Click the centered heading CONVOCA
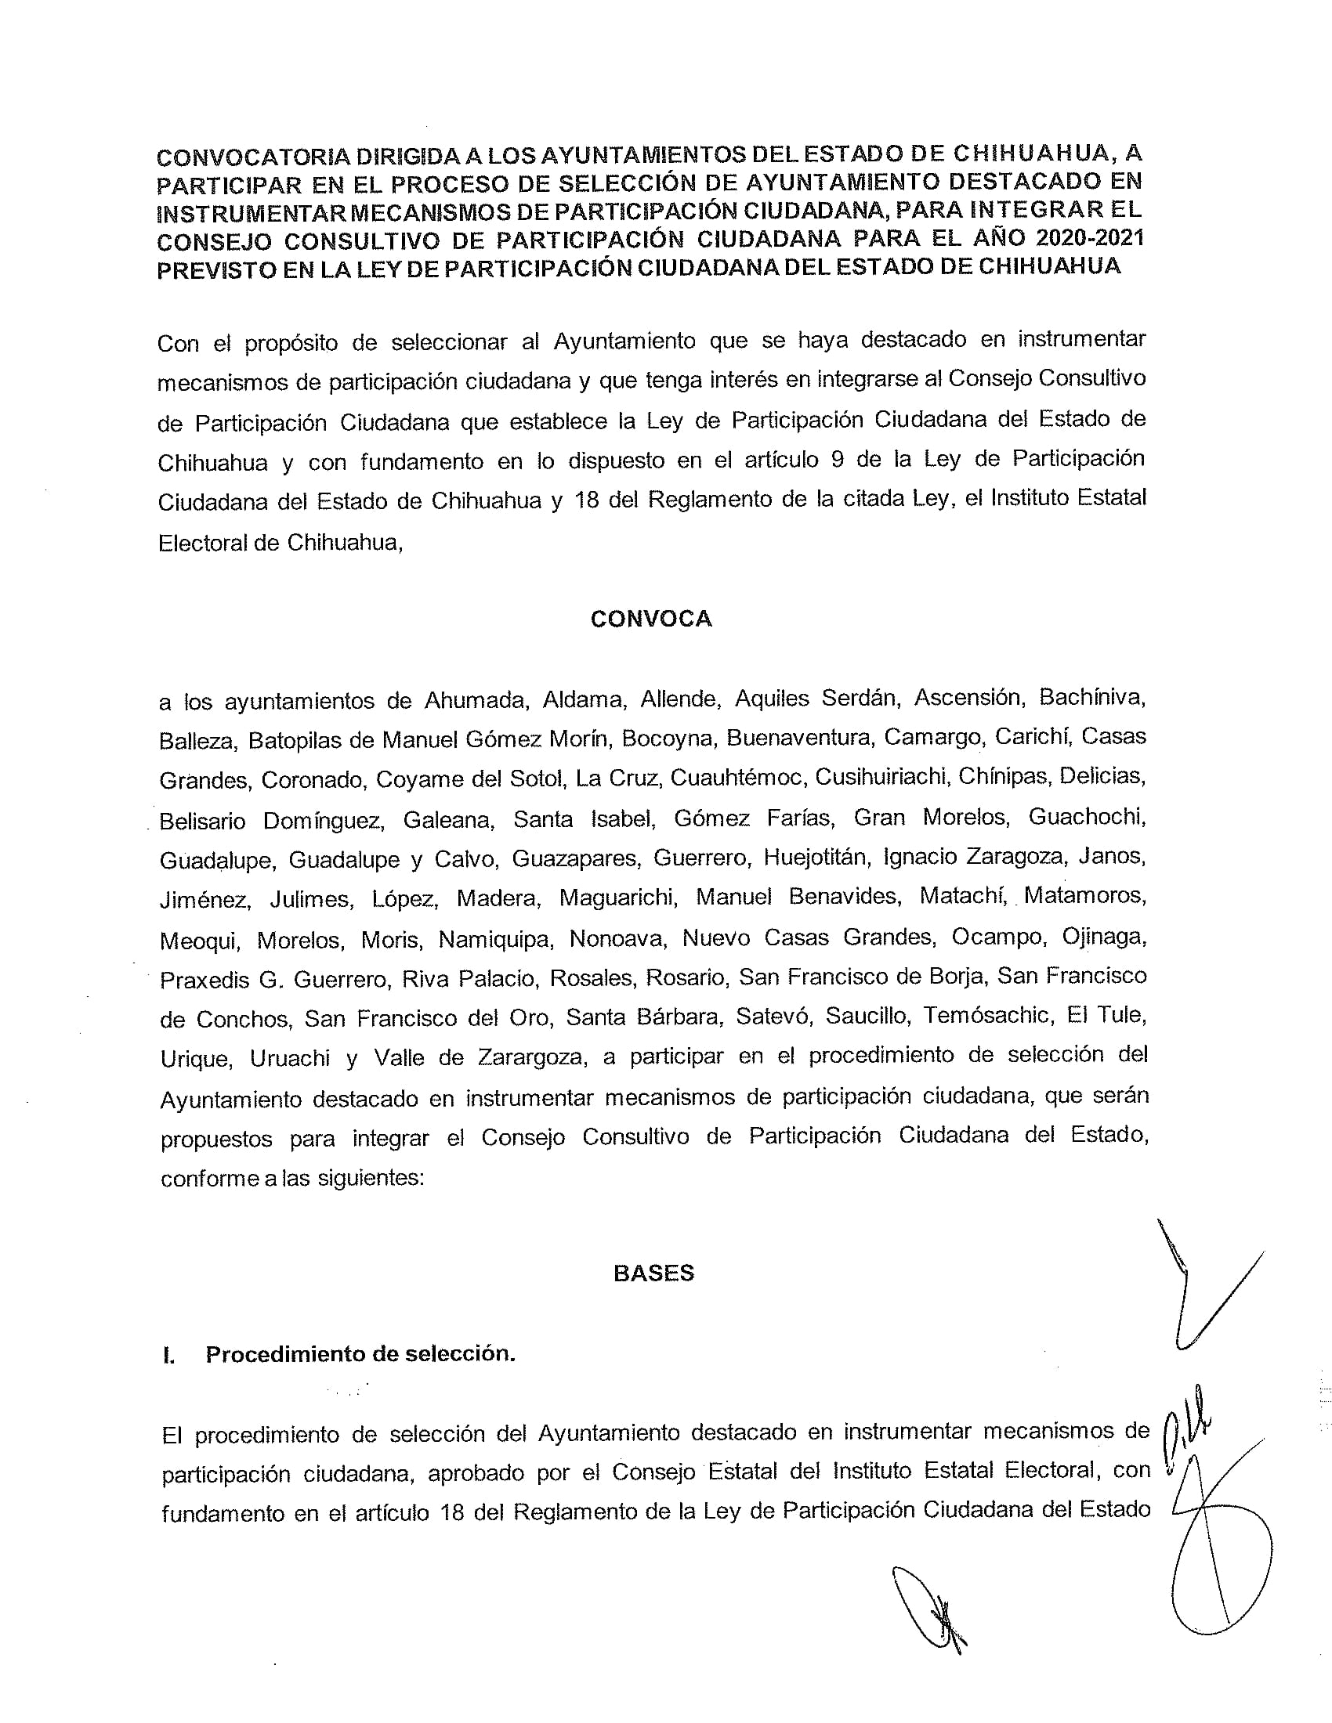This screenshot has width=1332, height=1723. (x=651, y=619)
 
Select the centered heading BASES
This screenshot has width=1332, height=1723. (x=653, y=1273)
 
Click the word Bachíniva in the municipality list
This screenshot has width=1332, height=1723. (x=1092, y=697)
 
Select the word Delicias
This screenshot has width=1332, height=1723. (x=1102, y=775)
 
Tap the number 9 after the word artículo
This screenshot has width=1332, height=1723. (x=838, y=460)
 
